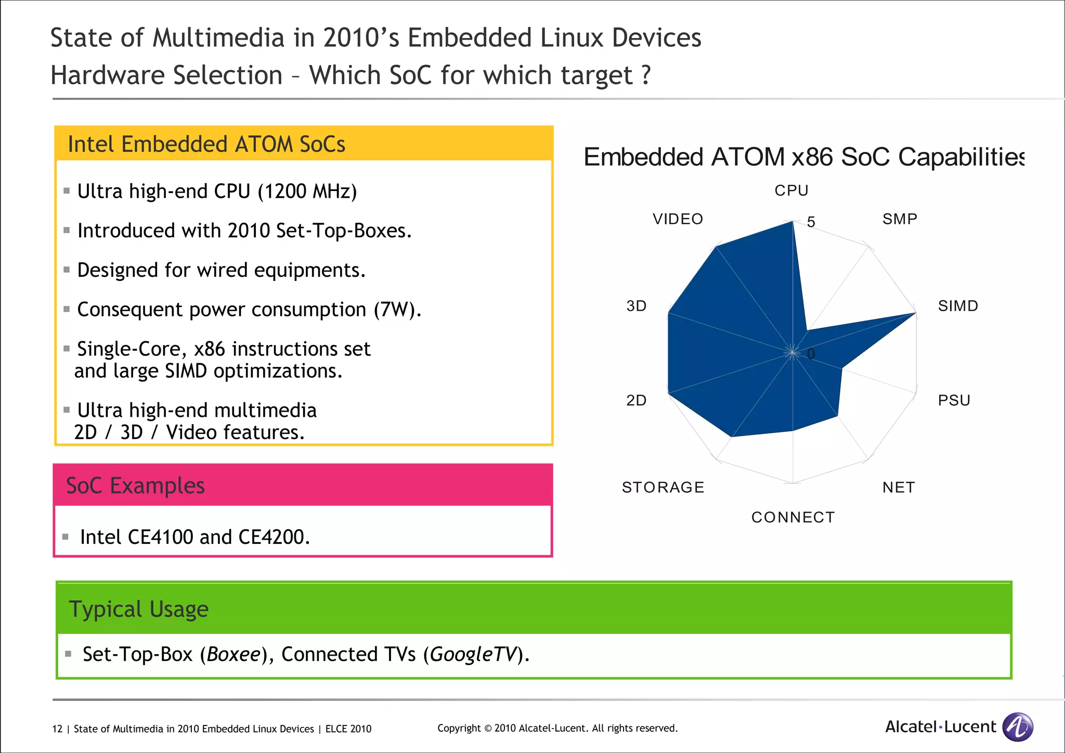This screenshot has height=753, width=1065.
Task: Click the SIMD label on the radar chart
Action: [x=958, y=306]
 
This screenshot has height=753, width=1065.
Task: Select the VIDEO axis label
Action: [x=678, y=219]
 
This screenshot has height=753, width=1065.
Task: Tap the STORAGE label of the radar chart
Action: [x=663, y=488]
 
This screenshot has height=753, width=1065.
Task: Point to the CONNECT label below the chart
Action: [x=793, y=517]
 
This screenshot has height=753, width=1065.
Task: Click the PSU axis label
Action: [x=954, y=401]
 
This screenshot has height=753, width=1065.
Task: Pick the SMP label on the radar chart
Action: [x=900, y=219]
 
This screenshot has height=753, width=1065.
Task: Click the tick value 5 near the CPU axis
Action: [x=811, y=222]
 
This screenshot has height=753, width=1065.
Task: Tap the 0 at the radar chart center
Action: [x=811, y=354]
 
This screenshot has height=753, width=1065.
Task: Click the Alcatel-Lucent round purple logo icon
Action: [x=1018, y=726]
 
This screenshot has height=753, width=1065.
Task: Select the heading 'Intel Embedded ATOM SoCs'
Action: [x=206, y=144]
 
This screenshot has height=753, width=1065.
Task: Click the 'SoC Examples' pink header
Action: [x=135, y=486]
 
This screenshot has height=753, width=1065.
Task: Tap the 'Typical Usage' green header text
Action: [x=138, y=609]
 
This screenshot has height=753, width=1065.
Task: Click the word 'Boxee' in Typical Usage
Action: [x=233, y=654]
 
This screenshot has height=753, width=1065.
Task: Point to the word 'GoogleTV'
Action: [x=474, y=654]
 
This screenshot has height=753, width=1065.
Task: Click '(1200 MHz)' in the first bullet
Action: [x=307, y=192]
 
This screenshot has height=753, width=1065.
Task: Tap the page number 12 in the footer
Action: [x=57, y=729]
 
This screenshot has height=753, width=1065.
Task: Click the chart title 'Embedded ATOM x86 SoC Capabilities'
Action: [x=803, y=157]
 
